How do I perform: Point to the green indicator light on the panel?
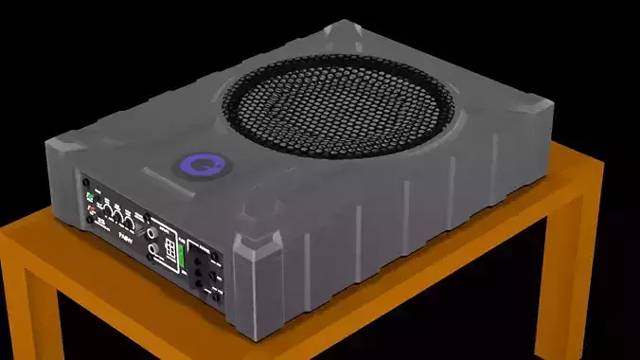click(91, 198)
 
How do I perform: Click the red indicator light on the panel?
click(92, 208)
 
